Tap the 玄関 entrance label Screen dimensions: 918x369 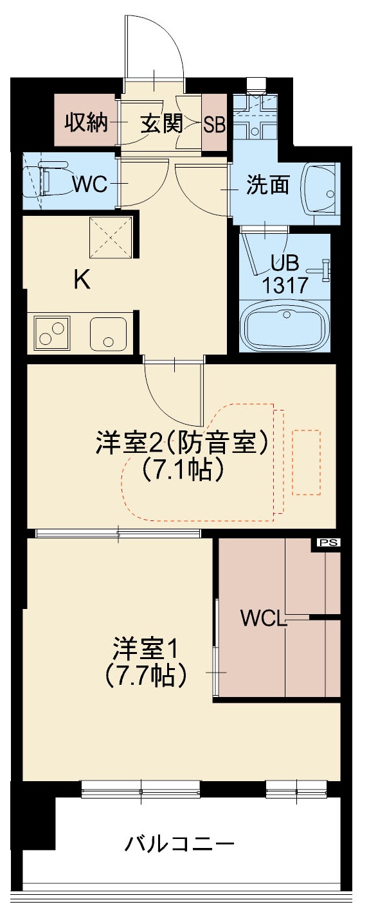click(161, 122)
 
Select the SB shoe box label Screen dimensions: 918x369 click(215, 123)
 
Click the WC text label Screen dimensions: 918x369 click(91, 184)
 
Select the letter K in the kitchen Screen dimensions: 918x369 click(82, 281)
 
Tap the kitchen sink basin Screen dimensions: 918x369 click(107, 333)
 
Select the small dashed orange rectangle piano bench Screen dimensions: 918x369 click(307, 462)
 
